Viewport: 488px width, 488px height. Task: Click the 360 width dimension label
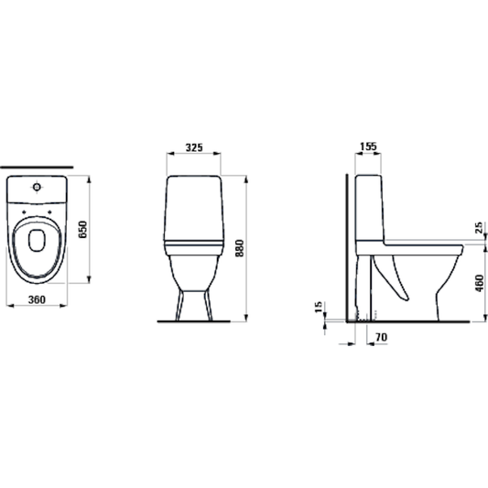click(x=37, y=299)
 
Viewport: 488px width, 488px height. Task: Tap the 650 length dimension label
click(x=82, y=230)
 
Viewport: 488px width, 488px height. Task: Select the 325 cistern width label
click(x=194, y=147)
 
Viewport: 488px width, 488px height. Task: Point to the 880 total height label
click(x=240, y=248)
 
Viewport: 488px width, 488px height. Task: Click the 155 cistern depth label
click(x=368, y=146)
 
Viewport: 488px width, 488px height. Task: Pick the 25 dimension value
click(x=479, y=227)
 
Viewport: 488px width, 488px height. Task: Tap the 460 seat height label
click(x=480, y=283)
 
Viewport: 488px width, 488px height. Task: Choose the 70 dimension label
click(x=381, y=337)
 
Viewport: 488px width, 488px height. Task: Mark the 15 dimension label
click(x=319, y=308)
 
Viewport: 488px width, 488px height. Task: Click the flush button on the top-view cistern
click(x=37, y=187)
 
